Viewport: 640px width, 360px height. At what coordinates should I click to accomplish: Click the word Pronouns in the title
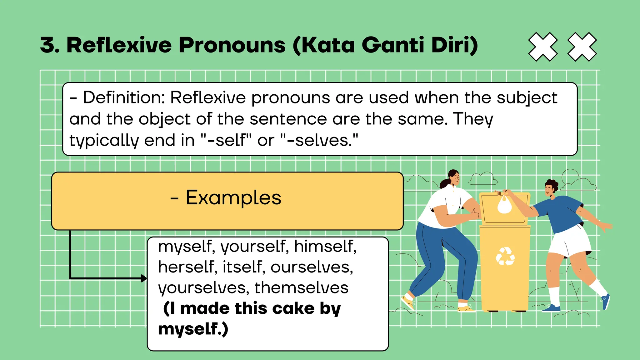[x=232, y=45]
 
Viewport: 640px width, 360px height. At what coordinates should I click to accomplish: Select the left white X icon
[x=543, y=47]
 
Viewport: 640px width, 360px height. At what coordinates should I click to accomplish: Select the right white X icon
[x=582, y=47]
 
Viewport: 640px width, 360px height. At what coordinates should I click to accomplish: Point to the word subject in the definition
[x=527, y=98]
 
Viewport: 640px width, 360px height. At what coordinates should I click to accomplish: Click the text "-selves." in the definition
[x=322, y=140]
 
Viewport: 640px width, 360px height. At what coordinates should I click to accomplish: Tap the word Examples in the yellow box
[x=233, y=198]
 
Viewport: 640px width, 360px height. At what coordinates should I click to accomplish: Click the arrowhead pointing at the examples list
[x=144, y=278]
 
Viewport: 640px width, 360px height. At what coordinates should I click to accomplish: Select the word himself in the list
[x=325, y=246]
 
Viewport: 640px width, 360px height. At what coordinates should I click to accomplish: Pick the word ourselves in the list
[x=312, y=267]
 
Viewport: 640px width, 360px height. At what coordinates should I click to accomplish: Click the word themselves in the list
[x=301, y=288]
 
